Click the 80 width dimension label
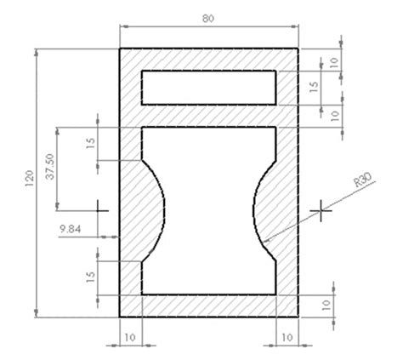point(208,17)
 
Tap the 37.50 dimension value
point(50,167)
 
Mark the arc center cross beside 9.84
point(101,207)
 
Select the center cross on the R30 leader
point(321,209)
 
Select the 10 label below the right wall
point(287,338)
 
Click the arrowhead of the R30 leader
point(266,239)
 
